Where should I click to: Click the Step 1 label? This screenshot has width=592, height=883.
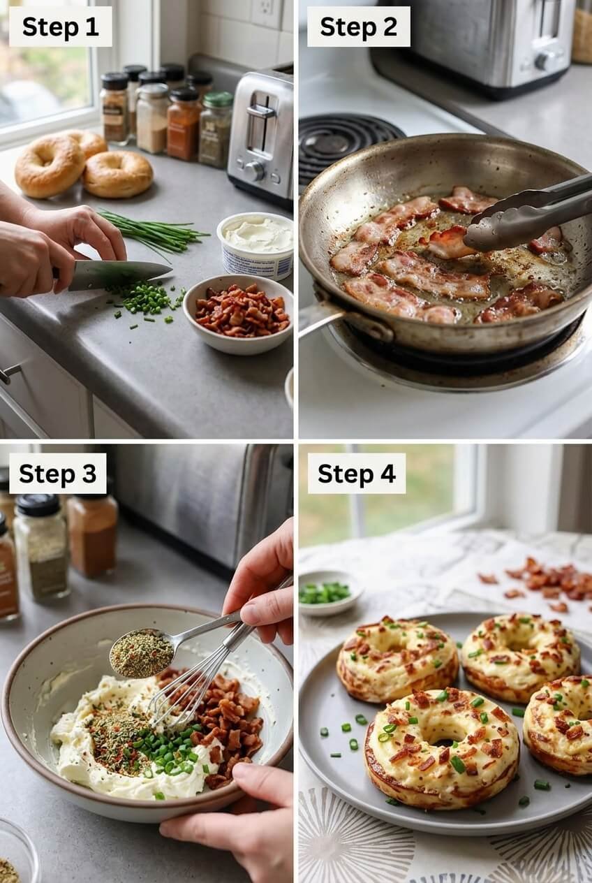(60, 27)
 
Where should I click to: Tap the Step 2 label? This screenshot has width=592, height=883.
(358, 27)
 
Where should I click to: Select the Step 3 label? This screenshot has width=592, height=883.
(57, 474)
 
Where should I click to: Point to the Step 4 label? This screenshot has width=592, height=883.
(356, 474)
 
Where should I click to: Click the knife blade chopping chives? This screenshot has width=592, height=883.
(119, 274)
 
